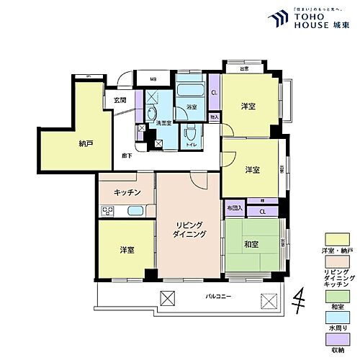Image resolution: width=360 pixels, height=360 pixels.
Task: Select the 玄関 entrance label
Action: [x=120, y=99]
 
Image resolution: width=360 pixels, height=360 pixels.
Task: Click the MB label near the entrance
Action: [x=153, y=80]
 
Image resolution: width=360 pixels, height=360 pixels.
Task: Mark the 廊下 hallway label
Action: [x=126, y=156]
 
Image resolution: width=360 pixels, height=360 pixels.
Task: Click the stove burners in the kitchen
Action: [x=108, y=211]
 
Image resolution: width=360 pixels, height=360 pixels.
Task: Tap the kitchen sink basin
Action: [x=135, y=211]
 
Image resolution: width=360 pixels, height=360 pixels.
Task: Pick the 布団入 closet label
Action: [x=234, y=208]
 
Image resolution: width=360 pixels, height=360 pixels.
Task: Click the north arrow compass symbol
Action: [x=297, y=297]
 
